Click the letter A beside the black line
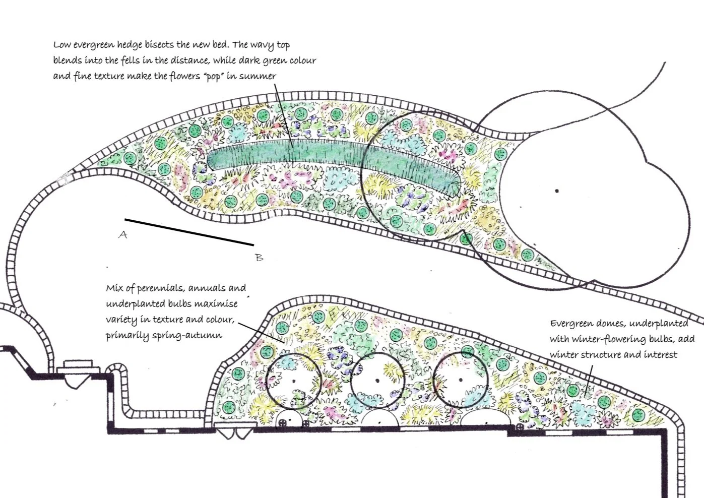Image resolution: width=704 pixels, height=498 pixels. pyautogui.click(x=122, y=234)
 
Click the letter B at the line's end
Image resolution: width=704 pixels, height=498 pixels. pyautogui.click(x=259, y=258)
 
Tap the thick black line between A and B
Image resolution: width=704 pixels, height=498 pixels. pyautogui.click(x=189, y=232)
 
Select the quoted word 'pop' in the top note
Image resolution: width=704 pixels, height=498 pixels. pyautogui.click(x=214, y=77)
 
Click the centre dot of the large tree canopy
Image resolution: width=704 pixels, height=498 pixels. pyautogui.click(x=557, y=191)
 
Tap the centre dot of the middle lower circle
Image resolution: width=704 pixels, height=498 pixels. pyautogui.click(x=377, y=381)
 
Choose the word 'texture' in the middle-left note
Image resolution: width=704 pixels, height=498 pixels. pyautogui.click(x=166, y=320)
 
